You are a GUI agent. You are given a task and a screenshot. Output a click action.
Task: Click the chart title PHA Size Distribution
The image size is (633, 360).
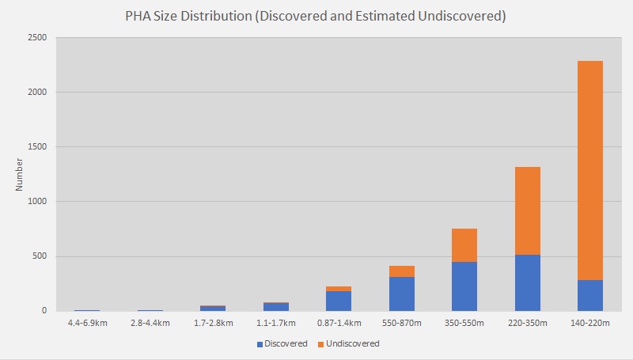[x=315, y=17]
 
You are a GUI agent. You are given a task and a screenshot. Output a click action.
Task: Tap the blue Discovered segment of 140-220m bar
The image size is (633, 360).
[x=590, y=295]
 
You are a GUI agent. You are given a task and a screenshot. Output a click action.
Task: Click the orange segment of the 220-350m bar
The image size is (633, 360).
[x=527, y=210]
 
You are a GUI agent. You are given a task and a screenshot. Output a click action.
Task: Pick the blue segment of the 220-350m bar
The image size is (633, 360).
[x=527, y=282]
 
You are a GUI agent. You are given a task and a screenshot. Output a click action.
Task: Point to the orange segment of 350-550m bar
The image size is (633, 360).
[x=464, y=245]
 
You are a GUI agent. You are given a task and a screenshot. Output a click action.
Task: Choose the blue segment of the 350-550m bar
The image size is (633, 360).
[x=464, y=286]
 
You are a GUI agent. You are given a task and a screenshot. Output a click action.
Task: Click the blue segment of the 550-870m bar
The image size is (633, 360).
[x=401, y=294]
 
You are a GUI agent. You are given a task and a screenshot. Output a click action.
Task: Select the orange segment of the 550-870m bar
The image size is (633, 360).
[x=401, y=271]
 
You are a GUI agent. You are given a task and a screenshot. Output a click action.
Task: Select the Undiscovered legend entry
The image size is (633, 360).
[x=350, y=343]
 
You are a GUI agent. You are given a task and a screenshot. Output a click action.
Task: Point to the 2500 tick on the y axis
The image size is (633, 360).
[x=36, y=38]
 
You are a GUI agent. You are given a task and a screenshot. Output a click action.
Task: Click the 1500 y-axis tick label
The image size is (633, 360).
[x=36, y=147]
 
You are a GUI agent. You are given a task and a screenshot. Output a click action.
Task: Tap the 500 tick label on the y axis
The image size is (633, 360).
[x=39, y=256]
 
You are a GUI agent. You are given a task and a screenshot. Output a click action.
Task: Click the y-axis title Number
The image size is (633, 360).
[x=19, y=174]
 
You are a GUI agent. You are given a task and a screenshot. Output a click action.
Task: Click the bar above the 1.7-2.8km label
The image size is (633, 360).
[x=213, y=308]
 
